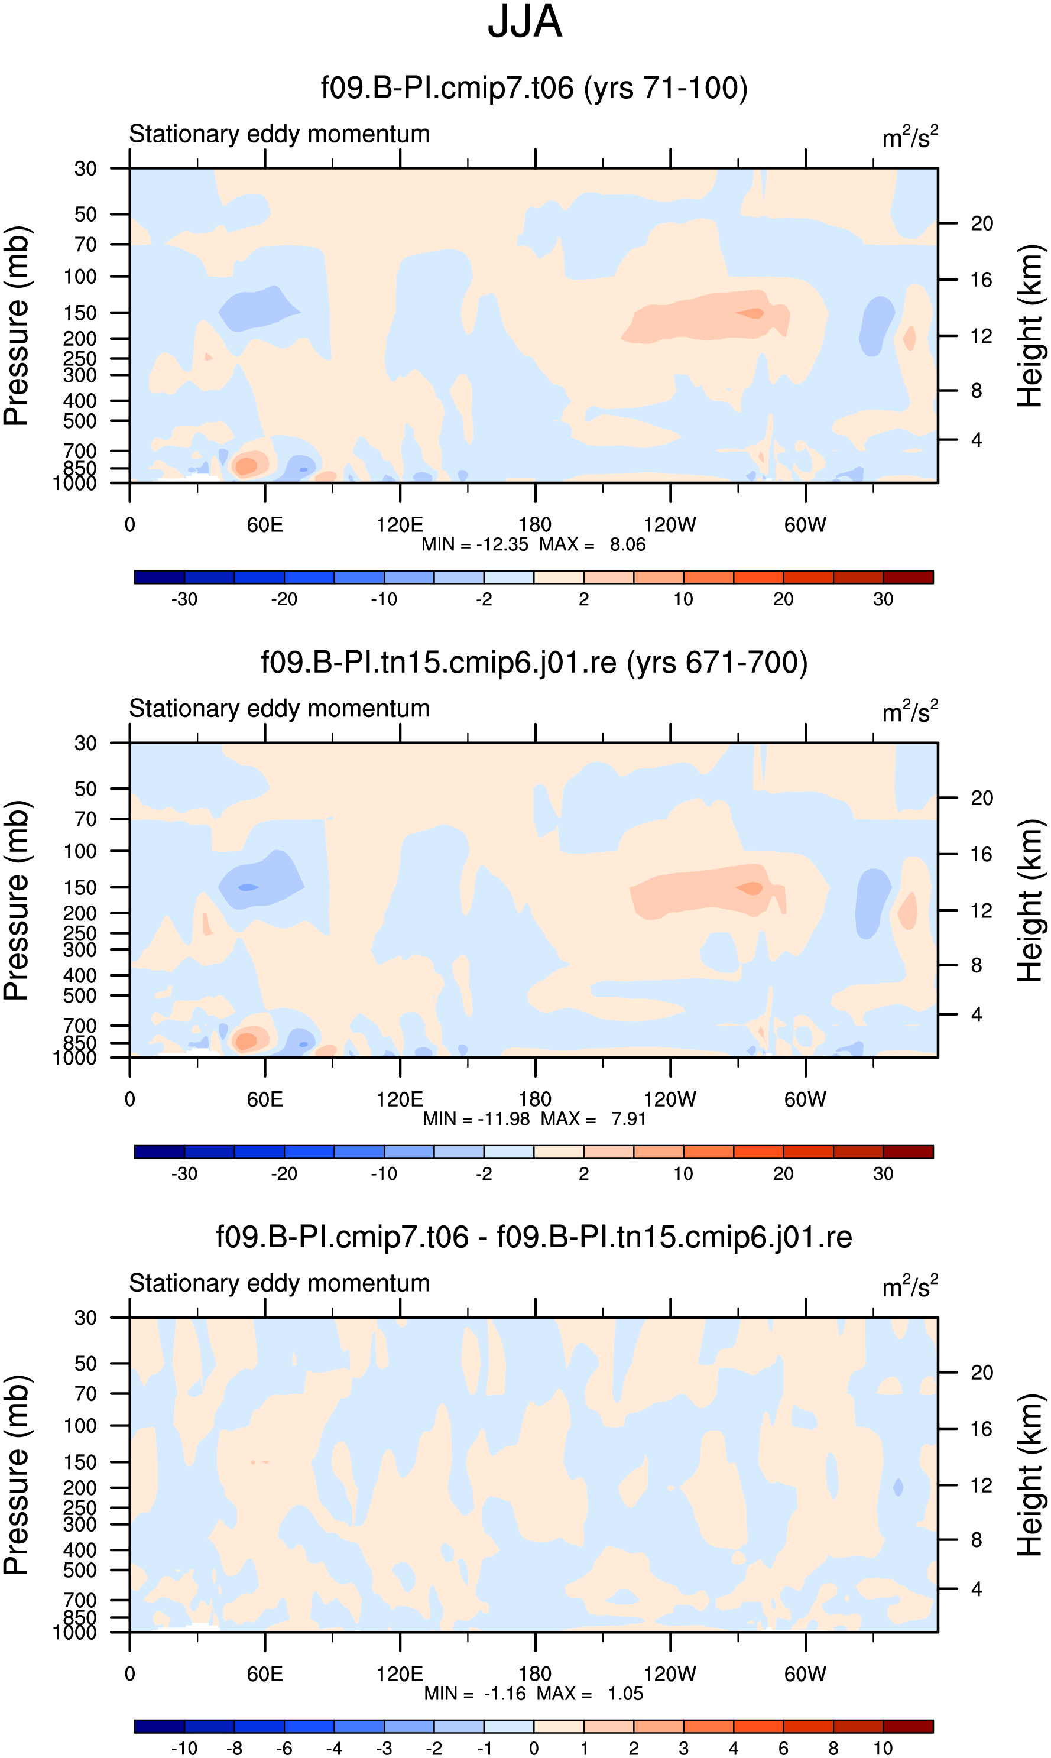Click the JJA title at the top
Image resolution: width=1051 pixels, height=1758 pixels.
point(525,22)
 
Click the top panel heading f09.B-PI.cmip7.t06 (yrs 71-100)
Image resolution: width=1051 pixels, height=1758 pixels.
point(534,88)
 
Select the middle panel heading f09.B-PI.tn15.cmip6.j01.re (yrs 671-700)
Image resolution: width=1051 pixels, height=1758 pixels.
point(534,663)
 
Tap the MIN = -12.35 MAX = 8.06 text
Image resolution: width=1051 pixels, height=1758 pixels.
point(533,544)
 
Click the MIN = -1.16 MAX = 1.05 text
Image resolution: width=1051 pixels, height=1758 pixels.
point(533,1694)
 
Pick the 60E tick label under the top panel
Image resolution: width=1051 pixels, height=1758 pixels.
point(265,525)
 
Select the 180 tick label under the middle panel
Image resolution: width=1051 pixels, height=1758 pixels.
point(535,1099)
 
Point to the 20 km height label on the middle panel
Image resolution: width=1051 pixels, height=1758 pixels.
point(982,798)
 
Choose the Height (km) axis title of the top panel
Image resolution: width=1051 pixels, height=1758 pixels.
point(1030,326)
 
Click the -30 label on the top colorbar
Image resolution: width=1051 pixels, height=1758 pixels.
point(184,599)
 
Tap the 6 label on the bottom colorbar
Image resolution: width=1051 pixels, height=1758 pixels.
point(783,1748)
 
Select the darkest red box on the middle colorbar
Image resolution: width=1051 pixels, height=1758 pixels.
point(908,1152)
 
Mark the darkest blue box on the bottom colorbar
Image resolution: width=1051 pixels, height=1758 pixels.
point(160,1726)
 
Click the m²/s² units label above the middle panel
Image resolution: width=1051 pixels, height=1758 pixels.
point(910,711)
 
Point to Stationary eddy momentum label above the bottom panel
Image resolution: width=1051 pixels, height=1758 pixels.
point(280,1283)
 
